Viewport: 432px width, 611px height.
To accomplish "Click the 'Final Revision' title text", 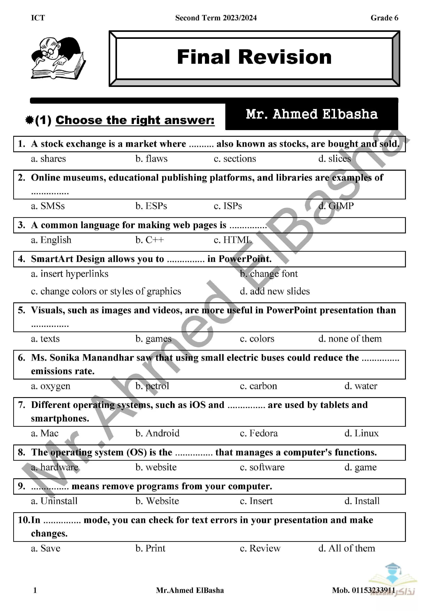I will pyautogui.click(x=254, y=57).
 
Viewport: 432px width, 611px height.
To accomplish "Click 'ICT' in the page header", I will pyautogui.click(x=38, y=18).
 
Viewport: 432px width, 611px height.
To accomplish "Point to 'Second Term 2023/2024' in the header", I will pyautogui.click(x=216, y=18).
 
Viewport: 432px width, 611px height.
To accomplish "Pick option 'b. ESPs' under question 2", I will pyautogui.click(x=151, y=206).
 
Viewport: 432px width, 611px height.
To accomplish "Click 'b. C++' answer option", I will pyautogui.click(x=150, y=240).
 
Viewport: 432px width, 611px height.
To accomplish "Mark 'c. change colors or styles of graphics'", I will pyautogui.click(x=106, y=291).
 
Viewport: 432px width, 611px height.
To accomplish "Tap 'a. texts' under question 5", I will pyautogui.click(x=45, y=339).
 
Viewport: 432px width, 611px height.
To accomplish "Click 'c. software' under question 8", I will pyautogui.click(x=262, y=467).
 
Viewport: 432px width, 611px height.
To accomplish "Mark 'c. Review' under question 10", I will pyautogui.click(x=260, y=548).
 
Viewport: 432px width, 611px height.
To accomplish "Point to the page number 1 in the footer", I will pyautogui.click(x=35, y=590).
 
